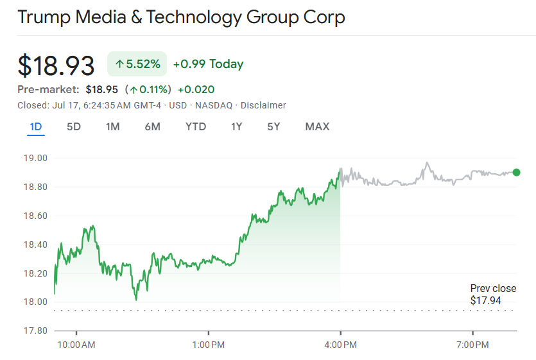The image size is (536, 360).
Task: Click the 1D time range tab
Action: tap(36, 126)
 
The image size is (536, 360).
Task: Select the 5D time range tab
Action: tap(74, 126)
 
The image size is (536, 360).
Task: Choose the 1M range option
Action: tap(112, 126)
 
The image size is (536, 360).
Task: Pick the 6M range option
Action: tap(152, 126)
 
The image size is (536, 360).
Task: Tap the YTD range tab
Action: tap(196, 126)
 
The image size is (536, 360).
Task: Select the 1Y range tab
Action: tap(236, 126)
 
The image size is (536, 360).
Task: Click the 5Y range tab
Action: tap(273, 126)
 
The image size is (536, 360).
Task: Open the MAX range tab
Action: tap(317, 126)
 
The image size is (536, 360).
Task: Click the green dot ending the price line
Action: tap(517, 172)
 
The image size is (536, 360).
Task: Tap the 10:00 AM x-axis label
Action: tap(76, 345)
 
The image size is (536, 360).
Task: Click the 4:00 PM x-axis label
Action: tap(340, 345)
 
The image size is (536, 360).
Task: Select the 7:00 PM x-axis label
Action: tap(472, 345)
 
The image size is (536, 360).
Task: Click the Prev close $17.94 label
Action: tap(492, 295)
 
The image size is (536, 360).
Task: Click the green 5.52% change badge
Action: tap(137, 64)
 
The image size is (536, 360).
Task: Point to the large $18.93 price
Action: tap(56, 65)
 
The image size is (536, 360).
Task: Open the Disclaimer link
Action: tap(263, 105)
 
